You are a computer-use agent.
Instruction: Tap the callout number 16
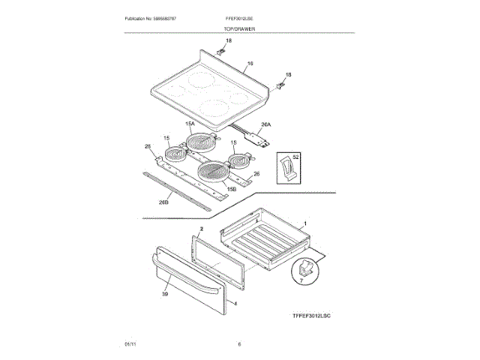click(250, 64)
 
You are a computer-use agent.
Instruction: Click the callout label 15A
click(190, 123)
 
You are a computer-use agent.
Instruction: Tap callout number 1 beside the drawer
click(305, 224)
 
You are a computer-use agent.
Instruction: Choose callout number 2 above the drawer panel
click(201, 227)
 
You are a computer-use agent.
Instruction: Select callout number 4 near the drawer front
click(234, 304)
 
